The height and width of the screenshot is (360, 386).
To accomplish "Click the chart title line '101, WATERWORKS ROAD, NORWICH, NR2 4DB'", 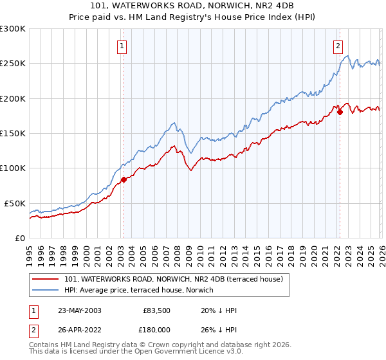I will tap(192, 7).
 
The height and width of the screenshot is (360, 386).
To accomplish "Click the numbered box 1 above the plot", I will tap(122, 45).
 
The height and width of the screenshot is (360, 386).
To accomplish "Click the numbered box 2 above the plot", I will tap(338, 45).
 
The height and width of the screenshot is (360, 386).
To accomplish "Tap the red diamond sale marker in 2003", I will tap(124, 180).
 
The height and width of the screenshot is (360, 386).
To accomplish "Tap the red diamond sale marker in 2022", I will tap(340, 113).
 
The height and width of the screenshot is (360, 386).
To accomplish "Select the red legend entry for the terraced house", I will tap(178, 279).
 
